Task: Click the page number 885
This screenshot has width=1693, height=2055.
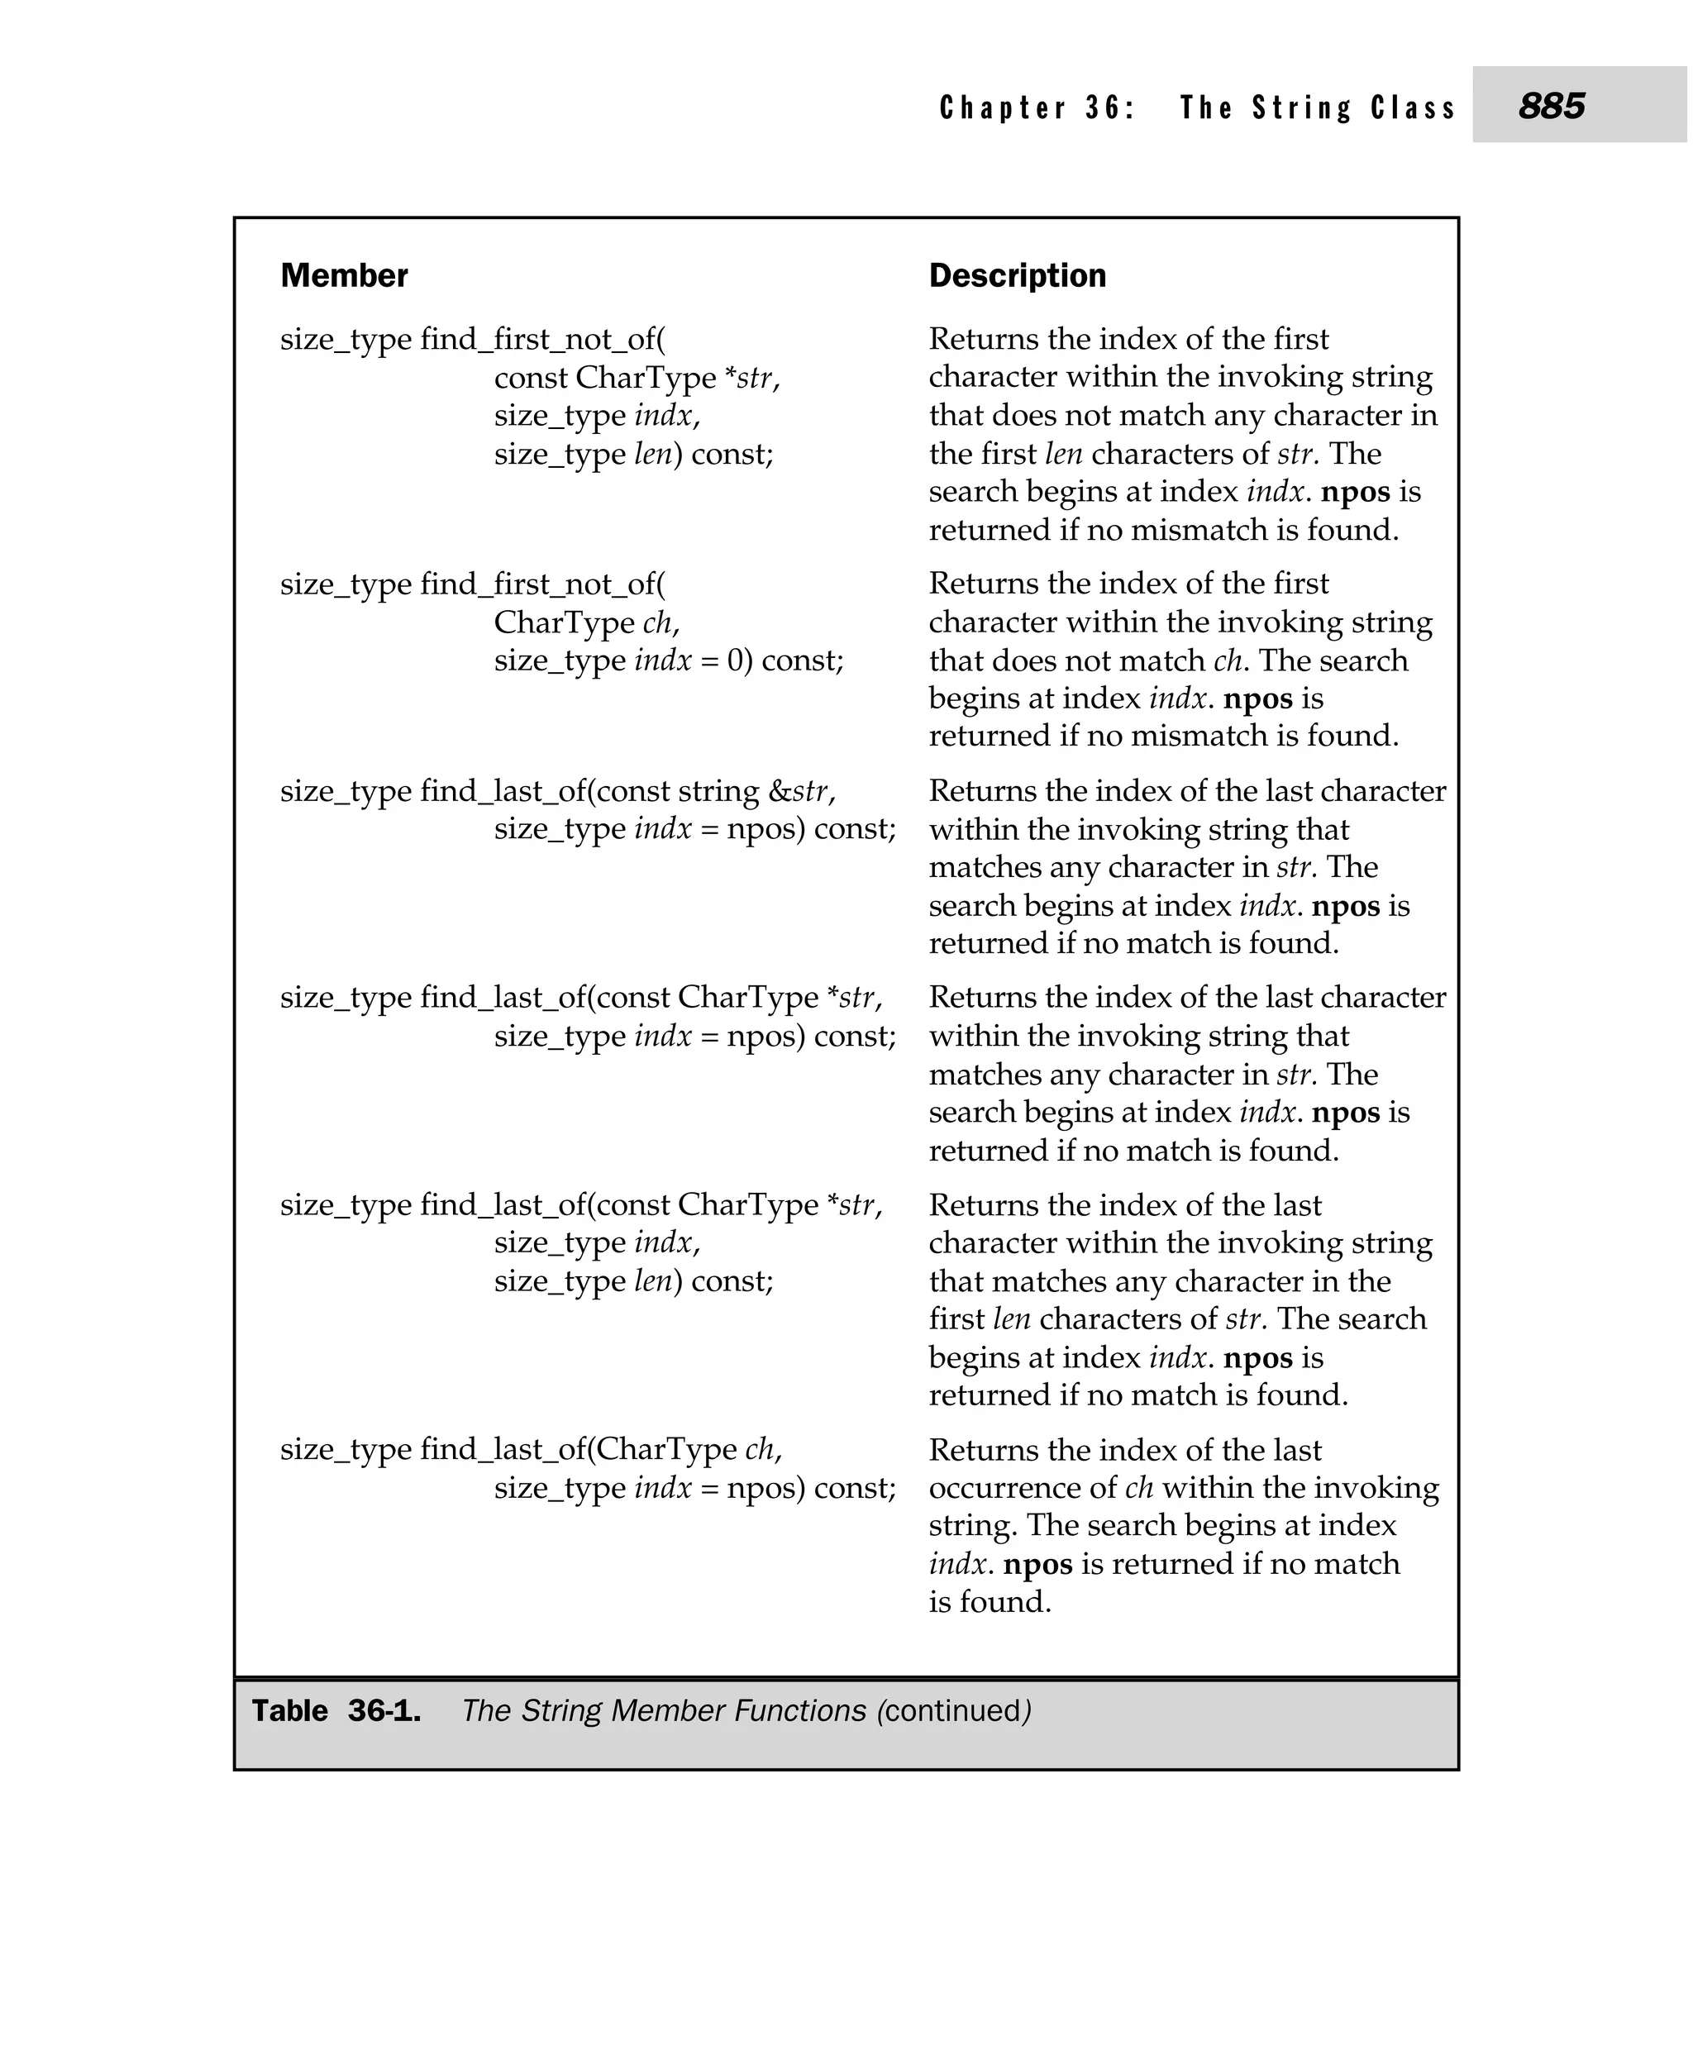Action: (1551, 105)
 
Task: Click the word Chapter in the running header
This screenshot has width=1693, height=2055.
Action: (1003, 107)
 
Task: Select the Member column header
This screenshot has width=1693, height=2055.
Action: (343, 276)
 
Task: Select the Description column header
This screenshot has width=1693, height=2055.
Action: (1017, 276)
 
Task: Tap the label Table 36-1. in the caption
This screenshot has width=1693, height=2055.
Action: (336, 1711)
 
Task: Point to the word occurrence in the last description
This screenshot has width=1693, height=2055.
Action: (1022, 1488)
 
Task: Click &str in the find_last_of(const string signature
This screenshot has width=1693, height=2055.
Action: (798, 791)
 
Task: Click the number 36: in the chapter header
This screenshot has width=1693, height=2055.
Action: (1110, 107)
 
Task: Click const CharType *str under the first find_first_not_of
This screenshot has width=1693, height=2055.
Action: (636, 378)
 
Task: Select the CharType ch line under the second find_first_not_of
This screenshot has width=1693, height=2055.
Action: (586, 622)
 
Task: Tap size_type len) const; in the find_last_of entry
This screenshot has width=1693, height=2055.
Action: (633, 1280)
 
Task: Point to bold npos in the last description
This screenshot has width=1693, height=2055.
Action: (1037, 1565)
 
